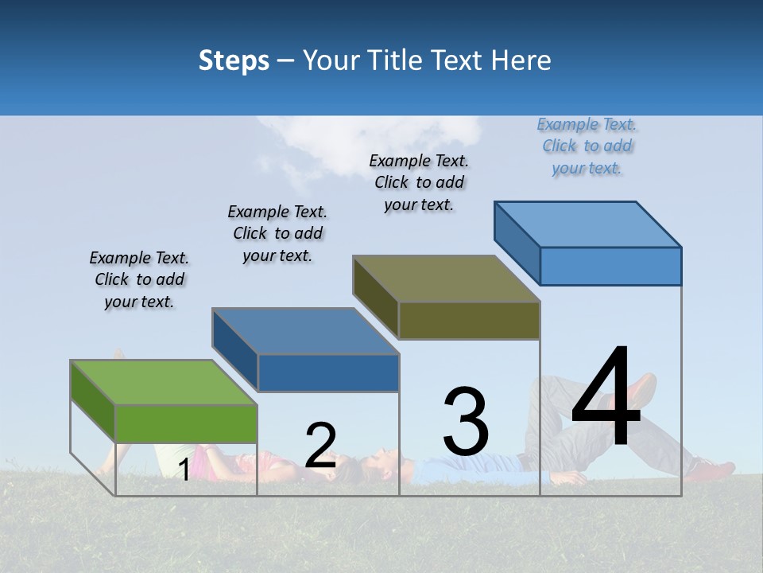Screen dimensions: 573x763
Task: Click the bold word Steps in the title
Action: pyautogui.click(x=234, y=60)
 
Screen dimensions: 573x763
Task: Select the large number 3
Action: pyautogui.click(x=466, y=421)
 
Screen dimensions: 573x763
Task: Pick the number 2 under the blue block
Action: pyautogui.click(x=320, y=445)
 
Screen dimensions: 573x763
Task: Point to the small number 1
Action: pyautogui.click(x=184, y=470)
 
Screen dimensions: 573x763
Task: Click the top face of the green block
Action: pyautogui.click(x=164, y=382)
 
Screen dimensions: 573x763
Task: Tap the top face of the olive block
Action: pyautogui.click(x=446, y=279)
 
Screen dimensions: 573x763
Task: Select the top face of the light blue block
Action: pyautogui.click(x=587, y=224)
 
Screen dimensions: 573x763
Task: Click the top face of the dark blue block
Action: pyautogui.click(x=305, y=330)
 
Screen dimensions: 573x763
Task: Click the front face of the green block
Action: pyautogui.click(x=186, y=423)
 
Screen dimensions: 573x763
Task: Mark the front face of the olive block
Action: pyautogui.click(x=469, y=321)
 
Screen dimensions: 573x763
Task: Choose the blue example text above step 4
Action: pyautogui.click(x=587, y=146)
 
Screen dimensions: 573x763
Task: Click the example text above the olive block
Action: pyautogui.click(x=419, y=182)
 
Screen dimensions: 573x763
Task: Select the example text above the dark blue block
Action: pyautogui.click(x=277, y=233)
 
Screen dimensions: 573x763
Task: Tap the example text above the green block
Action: pyautogui.click(x=139, y=279)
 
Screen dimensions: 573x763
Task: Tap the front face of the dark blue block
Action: pyautogui.click(x=328, y=373)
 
